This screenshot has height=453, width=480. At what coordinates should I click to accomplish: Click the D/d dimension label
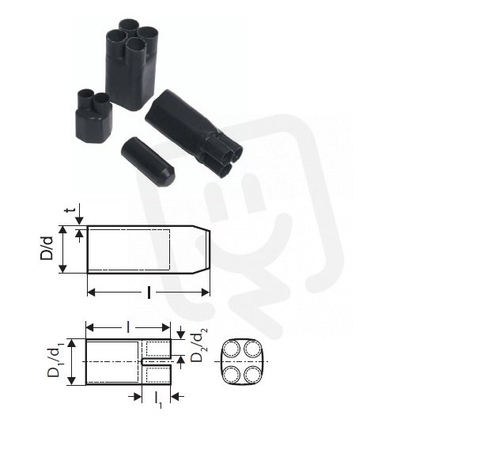click(x=47, y=248)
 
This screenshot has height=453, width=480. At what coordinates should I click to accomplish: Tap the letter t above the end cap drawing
click(x=70, y=210)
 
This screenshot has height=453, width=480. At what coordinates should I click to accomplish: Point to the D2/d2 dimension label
click(x=198, y=345)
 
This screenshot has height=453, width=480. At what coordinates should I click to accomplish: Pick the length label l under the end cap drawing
click(x=149, y=293)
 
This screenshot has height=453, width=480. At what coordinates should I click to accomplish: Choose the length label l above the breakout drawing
click(x=128, y=327)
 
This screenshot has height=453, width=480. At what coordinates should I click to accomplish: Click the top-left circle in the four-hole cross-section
click(x=232, y=349)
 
